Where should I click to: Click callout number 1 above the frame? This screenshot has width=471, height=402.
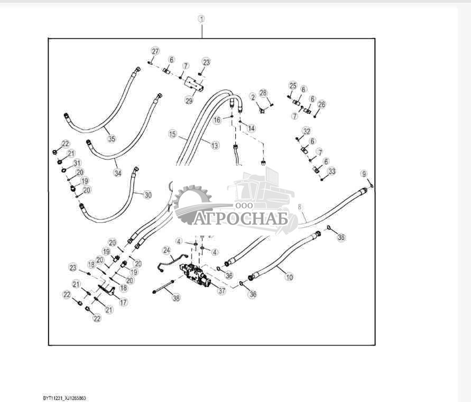tap(201, 19)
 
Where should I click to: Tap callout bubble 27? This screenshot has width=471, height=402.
tap(155, 51)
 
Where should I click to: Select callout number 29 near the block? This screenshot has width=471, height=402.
tap(189, 100)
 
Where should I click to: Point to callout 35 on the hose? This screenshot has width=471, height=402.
tap(111, 139)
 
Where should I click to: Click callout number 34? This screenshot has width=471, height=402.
tap(117, 172)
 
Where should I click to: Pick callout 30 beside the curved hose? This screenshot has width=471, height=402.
tap(147, 195)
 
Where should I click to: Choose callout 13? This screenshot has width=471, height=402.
tap(215, 145)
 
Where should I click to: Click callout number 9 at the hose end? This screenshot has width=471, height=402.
tap(364, 174)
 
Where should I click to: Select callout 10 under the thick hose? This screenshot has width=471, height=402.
tap(289, 276)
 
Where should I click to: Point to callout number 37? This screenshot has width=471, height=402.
tap(221, 290)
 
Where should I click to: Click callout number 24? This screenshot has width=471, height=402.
tap(167, 249)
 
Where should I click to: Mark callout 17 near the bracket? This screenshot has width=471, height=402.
tap(123, 303)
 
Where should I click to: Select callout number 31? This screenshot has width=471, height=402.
tap(77, 163)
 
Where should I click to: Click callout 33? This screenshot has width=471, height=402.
tap(331, 171)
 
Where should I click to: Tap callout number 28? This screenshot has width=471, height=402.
tap(263, 93)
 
